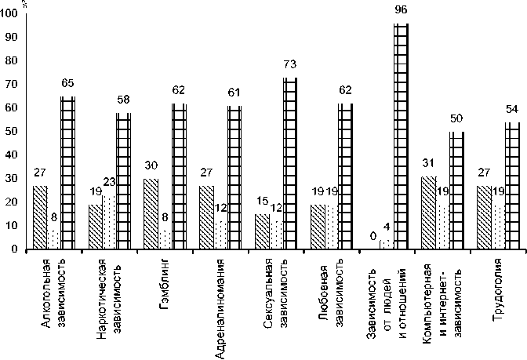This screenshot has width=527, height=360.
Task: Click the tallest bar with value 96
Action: [401, 136]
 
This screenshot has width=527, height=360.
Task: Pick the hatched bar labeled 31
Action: [429, 213]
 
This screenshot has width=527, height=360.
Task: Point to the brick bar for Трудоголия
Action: [512, 185]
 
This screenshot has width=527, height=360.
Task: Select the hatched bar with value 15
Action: [262, 231]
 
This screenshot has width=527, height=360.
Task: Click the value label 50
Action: [456, 120]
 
